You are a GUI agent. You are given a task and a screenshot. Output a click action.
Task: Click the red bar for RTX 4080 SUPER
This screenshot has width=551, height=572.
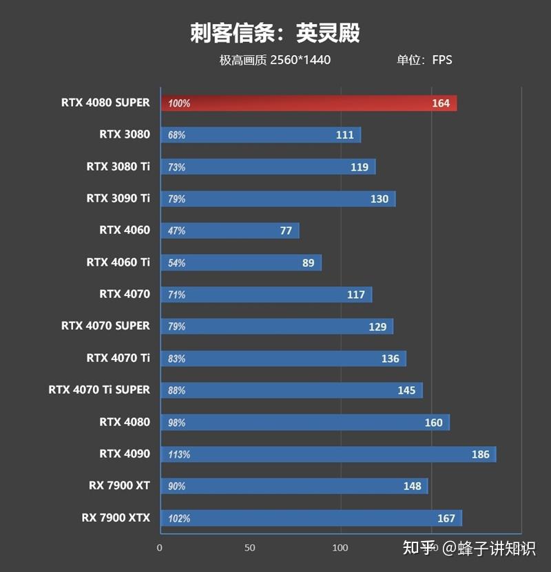[308, 103]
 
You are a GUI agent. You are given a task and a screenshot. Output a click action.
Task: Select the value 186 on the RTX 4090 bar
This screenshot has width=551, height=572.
[480, 454]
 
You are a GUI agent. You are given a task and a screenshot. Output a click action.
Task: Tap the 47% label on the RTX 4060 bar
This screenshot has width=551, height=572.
[176, 231]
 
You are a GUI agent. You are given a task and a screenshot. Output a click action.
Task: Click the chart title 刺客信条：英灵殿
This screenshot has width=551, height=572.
[275, 32]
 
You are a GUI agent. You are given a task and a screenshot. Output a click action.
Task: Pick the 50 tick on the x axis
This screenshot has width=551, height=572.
[250, 548]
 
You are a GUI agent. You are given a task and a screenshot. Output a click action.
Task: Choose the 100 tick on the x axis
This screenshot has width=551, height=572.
[340, 548]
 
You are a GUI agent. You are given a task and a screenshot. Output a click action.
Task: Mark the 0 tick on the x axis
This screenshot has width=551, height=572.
[160, 548]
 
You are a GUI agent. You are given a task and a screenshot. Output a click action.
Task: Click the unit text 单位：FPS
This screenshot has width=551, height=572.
[424, 60]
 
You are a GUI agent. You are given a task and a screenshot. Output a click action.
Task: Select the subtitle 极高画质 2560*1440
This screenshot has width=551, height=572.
[275, 60]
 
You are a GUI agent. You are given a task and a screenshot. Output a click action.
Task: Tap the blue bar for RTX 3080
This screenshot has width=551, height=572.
[260, 135]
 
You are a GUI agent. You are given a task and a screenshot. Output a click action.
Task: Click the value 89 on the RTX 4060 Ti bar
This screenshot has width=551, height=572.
[308, 263]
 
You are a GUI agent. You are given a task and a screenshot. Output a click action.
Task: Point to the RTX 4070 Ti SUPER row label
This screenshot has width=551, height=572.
[99, 390]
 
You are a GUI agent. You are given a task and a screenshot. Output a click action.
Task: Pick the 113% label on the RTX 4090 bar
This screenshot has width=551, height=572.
[178, 454]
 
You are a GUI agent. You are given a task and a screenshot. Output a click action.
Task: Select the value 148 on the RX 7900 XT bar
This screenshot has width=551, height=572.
[412, 486]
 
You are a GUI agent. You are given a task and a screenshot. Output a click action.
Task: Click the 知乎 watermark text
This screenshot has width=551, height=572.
[419, 548]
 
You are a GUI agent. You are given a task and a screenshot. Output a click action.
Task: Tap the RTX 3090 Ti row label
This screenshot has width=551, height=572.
[118, 198]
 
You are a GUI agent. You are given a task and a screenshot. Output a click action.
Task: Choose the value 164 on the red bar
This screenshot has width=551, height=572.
[441, 103]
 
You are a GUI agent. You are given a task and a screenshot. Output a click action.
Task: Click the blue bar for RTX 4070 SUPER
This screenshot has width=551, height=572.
[276, 326]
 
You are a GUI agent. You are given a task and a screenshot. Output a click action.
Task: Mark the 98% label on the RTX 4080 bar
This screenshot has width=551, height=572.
[176, 423]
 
